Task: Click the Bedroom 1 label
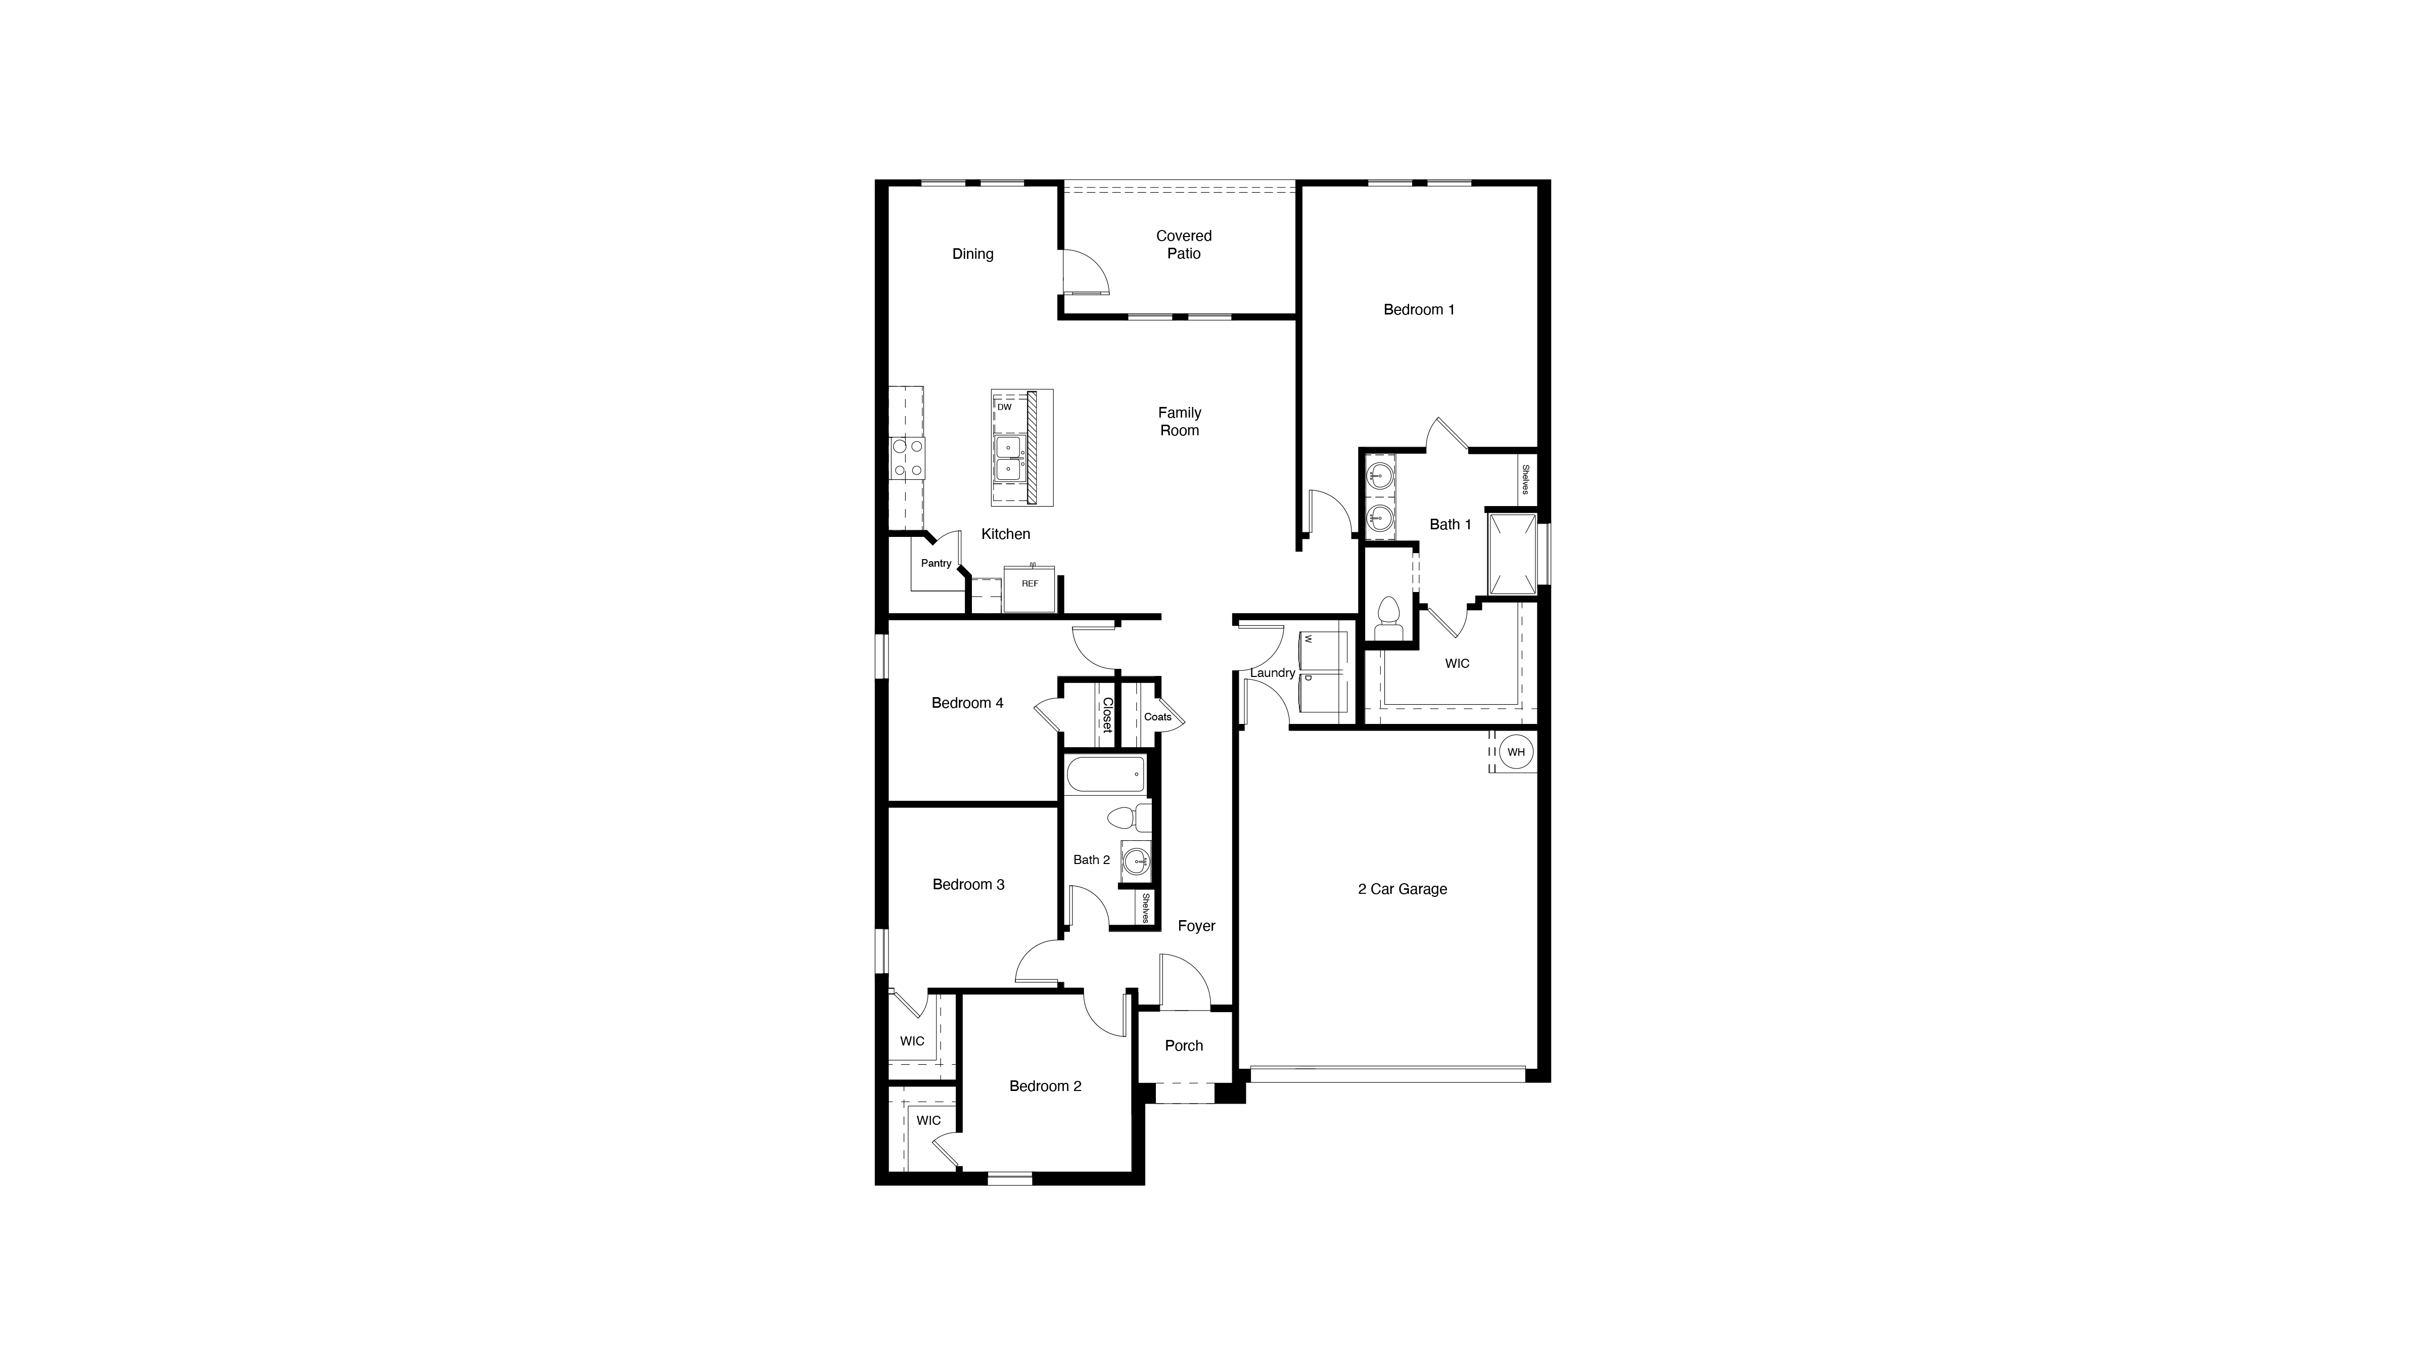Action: pos(1418,310)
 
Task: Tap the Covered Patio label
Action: pos(1184,245)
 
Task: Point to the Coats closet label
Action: pos(1157,717)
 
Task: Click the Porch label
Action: pos(1184,1045)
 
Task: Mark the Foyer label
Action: pos(1196,926)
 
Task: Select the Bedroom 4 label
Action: pos(967,703)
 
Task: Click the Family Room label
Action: pos(1179,421)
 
